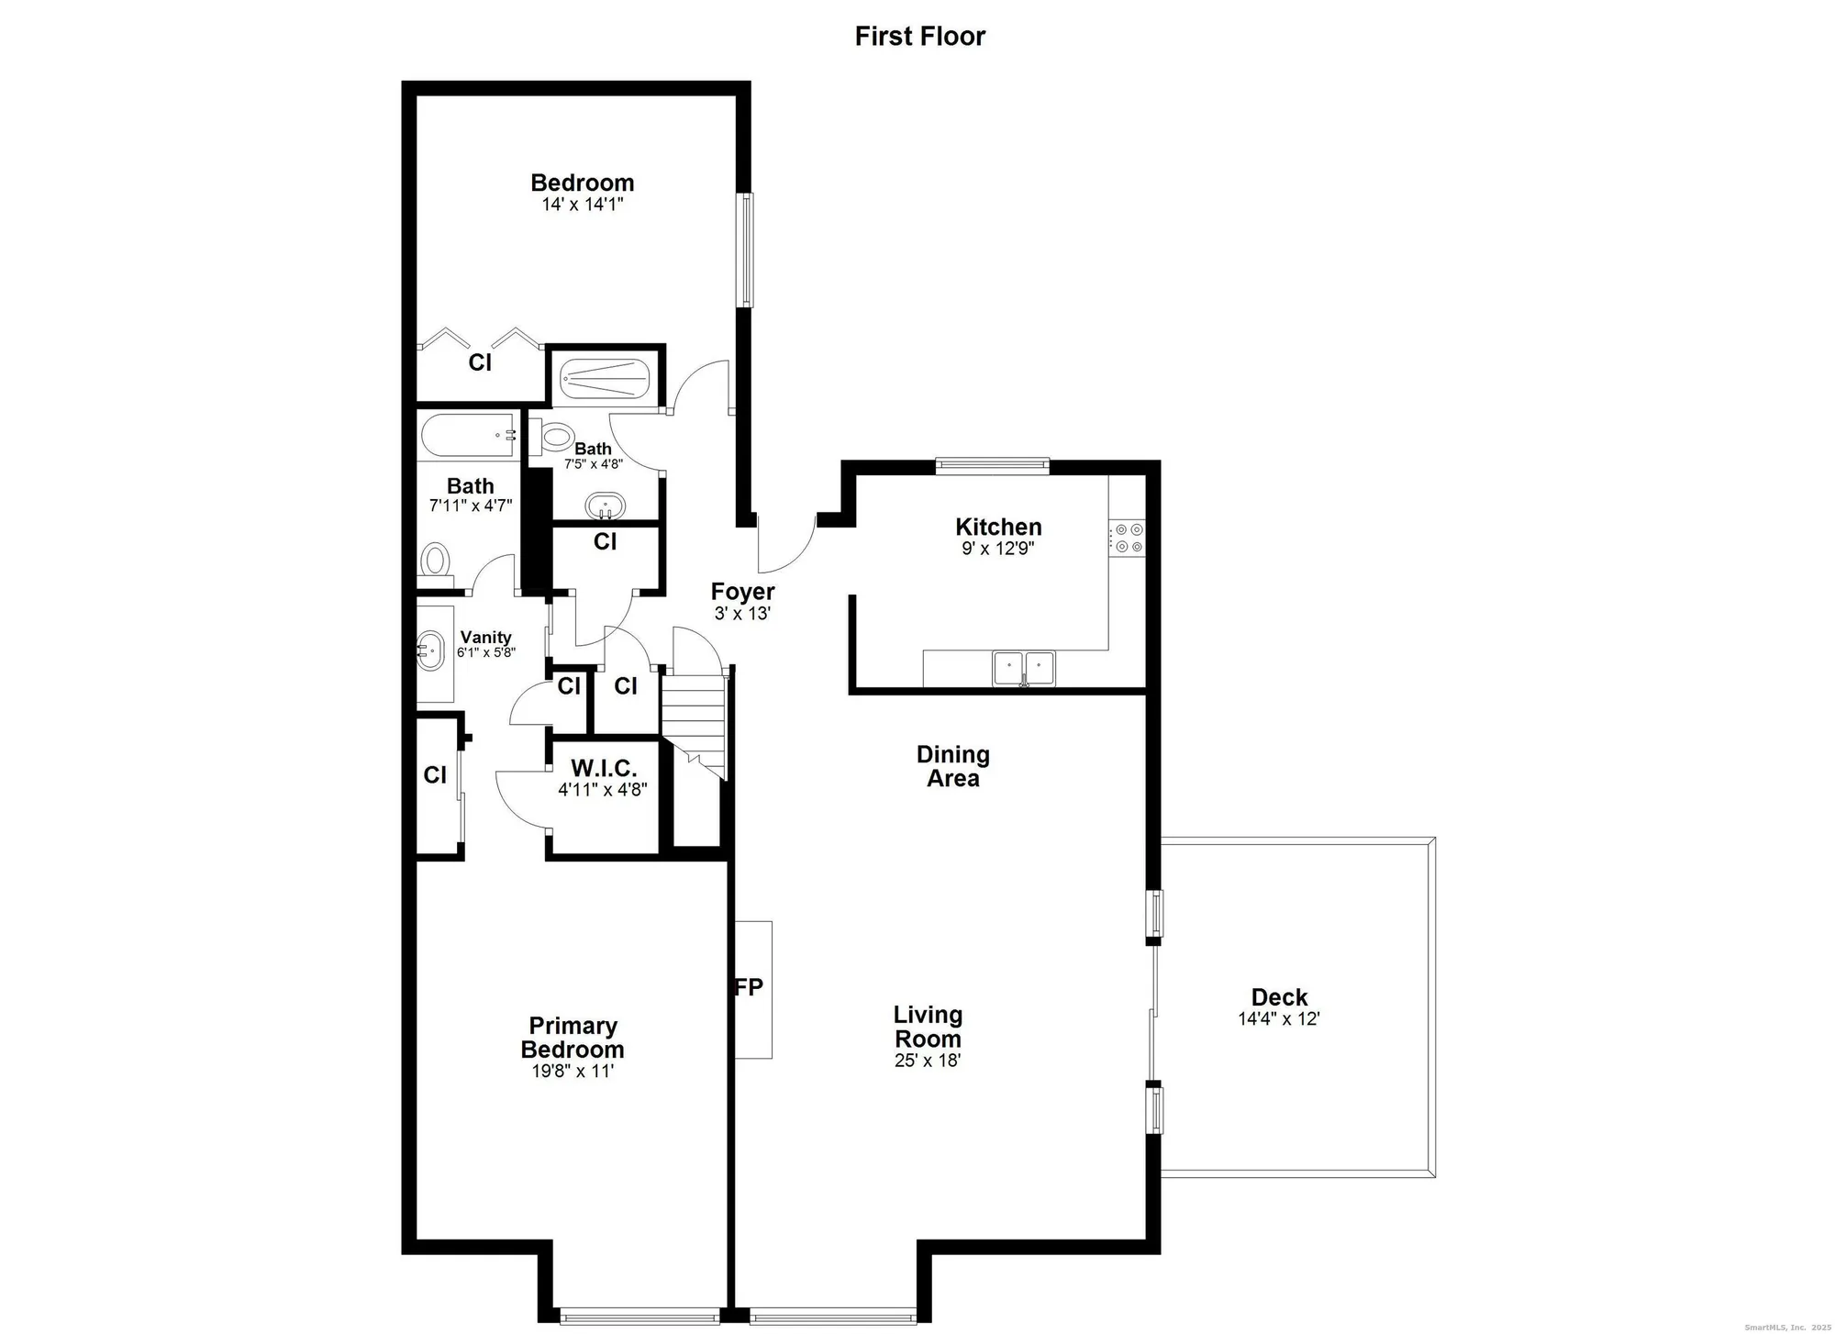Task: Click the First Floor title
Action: [x=919, y=37]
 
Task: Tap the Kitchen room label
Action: [x=998, y=527]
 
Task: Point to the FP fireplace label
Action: [x=750, y=987]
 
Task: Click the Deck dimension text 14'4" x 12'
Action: [x=1278, y=1018]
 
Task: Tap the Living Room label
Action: [x=928, y=1027]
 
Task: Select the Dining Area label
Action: [x=952, y=766]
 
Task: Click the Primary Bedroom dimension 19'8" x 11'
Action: [x=573, y=1071]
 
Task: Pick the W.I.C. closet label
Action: [x=603, y=768]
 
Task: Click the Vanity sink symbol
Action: [x=429, y=650]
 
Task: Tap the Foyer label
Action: [x=742, y=592]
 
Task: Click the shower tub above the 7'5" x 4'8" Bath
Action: [x=605, y=377]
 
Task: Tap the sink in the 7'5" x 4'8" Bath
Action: [x=606, y=506]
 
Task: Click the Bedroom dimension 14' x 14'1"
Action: [x=582, y=205]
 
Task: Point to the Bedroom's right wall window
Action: [x=747, y=250]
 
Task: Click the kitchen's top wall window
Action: [x=992, y=466]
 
